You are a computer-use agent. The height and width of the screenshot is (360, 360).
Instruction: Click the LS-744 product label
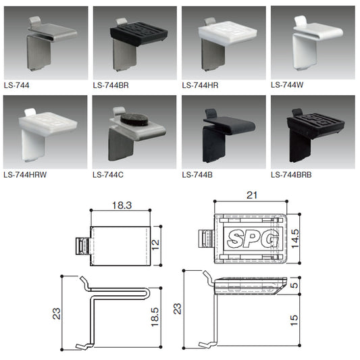[x=16, y=85]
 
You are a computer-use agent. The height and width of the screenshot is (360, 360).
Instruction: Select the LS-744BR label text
[x=111, y=85]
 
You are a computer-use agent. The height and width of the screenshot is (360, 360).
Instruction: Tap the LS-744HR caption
[x=200, y=85]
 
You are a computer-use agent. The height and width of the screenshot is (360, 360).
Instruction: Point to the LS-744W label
[x=287, y=85]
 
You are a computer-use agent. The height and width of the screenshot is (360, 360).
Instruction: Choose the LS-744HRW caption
[x=25, y=175]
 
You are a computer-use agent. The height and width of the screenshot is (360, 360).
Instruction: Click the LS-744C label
[x=108, y=175]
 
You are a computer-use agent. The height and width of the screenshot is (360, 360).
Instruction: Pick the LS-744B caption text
[x=197, y=175]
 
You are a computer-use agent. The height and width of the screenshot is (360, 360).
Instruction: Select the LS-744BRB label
[x=291, y=175]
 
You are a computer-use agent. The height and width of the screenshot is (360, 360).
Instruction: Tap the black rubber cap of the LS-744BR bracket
[x=139, y=33]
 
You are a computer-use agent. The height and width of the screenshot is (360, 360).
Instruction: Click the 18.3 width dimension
[x=122, y=205]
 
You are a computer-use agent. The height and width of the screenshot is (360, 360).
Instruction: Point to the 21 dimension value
[x=252, y=195]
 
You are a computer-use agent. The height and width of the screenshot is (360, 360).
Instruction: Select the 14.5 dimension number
[x=295, y=239]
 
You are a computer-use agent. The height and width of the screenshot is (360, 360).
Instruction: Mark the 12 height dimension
[x=155, y=245]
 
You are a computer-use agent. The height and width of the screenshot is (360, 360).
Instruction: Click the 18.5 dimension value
[x=155, y=317]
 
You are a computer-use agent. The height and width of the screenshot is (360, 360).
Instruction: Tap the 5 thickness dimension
[x=294, y=285]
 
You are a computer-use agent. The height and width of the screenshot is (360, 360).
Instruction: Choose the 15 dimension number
[x=294, y=321]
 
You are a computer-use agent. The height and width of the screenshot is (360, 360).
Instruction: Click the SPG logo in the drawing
[x=253, y=239]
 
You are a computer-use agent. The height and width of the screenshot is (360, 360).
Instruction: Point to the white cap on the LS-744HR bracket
[x=228, y=33]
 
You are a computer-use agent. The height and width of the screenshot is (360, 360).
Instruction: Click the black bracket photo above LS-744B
[x=229, y=135]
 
